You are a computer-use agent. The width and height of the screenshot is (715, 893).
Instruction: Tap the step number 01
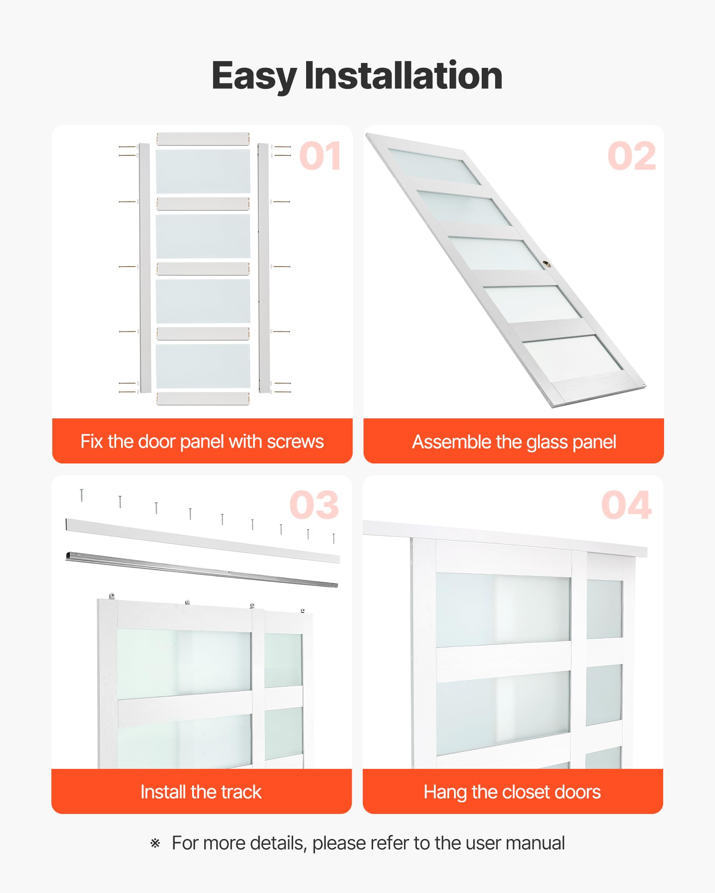click(x=320, y=156)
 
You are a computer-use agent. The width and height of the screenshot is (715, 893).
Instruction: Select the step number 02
click(x=631, y=156)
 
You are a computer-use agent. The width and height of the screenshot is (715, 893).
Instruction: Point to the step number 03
click(x=314, y=505)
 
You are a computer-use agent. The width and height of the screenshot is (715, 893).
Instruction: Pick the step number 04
click(x=627, y=505)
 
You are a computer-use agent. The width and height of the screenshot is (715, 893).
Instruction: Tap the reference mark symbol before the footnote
click(x=155, y=843)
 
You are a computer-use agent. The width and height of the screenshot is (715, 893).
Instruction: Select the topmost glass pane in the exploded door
click(x=203, y=171)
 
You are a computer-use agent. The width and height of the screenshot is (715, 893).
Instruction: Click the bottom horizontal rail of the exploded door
click(x=203, y=399)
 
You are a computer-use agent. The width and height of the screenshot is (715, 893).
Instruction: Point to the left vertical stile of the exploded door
click(x=144, y=268)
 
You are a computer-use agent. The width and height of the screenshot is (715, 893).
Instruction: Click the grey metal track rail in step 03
click(x=202, y=569)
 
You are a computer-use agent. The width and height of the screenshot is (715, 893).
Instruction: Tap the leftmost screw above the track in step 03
click(x=81, y=495)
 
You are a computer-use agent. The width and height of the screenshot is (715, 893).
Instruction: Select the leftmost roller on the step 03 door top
click(x=112, y=596)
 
